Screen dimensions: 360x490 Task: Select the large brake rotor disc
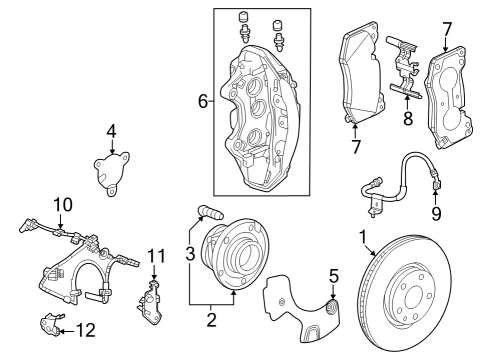pos(420,290)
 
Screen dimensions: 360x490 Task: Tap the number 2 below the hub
pos(210,320)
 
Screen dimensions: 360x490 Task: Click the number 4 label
pos(112,130)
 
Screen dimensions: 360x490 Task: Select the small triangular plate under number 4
pos(109,168)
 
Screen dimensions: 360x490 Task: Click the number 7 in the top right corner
pos(447,30)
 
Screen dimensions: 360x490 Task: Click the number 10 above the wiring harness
pos(62,205)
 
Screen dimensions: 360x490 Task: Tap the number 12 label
pos(87,329)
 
